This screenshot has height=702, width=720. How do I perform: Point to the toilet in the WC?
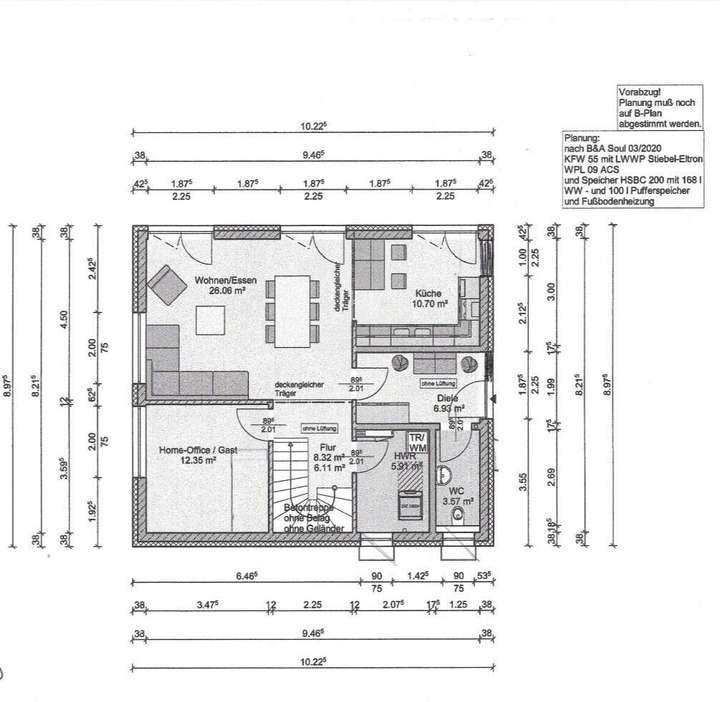(458, 516)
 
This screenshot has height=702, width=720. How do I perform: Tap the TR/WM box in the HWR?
(417, 443)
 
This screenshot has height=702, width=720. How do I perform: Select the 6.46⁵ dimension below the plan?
(246, 577)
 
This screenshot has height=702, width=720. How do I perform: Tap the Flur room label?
(327, 448)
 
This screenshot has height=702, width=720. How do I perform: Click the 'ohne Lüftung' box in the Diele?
(439, 383)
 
